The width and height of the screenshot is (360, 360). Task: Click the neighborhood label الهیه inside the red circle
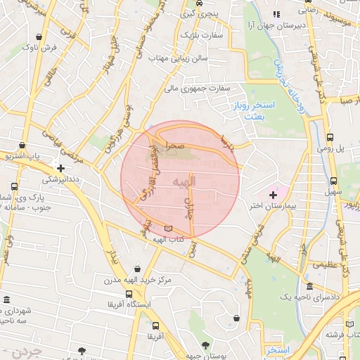pos(185,181)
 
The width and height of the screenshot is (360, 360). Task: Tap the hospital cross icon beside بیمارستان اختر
pos(273,194)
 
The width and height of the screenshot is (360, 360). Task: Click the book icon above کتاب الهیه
pos(167,228)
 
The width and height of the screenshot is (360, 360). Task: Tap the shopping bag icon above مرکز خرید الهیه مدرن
pos(136,268)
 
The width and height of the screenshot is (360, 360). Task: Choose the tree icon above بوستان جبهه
pos(205,345)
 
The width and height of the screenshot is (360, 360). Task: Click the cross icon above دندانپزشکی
pos(61,168)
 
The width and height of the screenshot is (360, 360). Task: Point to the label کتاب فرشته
pos(339,335)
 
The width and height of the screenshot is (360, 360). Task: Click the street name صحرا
pos(175,145)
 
